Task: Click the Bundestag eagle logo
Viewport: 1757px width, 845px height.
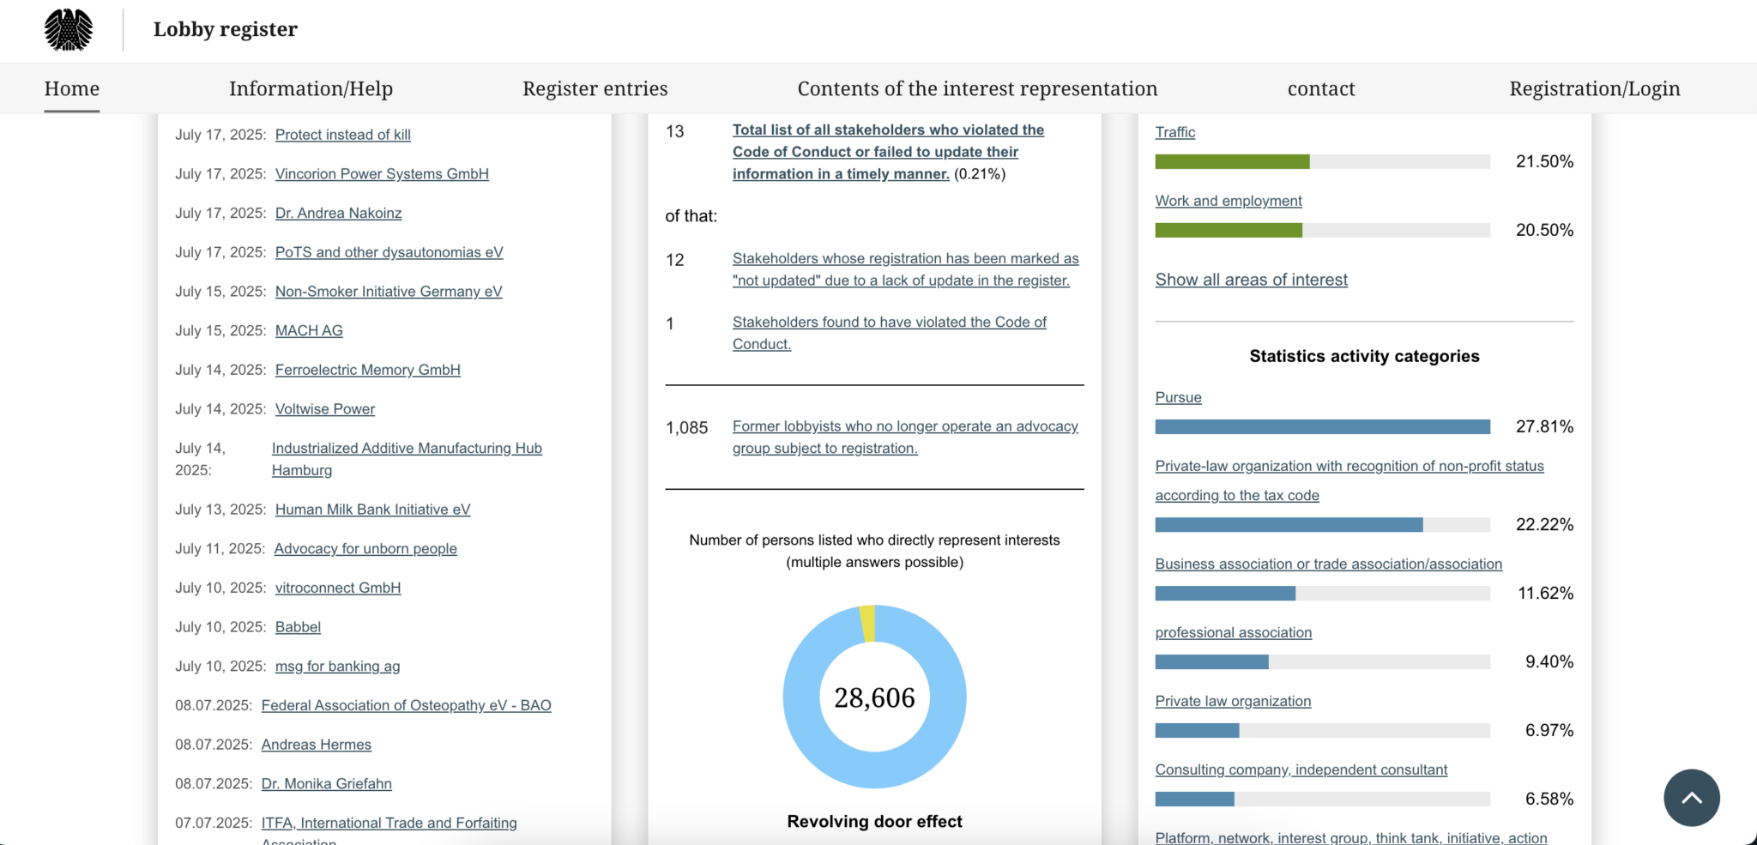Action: pyautogui.click(x=69, y=30)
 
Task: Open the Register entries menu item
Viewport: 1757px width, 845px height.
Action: pyautogui.click(x=595, y=88)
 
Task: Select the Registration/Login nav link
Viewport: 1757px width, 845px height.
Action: pyautogui.click(x=1594, y=88)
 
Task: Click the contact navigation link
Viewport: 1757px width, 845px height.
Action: pyautogui.click(x=1320, y=88)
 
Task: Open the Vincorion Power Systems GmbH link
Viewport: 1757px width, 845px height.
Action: pyautogui.click(x=382, y=174)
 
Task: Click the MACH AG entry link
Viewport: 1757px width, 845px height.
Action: pyautogui.click(x=309, y=331)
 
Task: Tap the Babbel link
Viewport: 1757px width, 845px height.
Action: pyautogui.click(x=298, y=627)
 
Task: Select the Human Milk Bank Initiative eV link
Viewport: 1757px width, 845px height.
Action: pyautogui.click(x=372, y=510)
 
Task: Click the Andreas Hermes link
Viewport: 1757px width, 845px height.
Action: pyautogui.click(x=316, y=745)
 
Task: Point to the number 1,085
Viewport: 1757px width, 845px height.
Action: pyautogui.click(x=686, y=428)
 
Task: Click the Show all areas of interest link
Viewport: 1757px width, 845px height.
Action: pyautogui.click(x=1251, y=280)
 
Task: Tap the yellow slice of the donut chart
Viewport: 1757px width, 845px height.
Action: pyautogui.click(x=867, y=623)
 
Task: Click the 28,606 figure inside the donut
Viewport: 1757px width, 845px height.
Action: pyautogui.click(x=874, y=697)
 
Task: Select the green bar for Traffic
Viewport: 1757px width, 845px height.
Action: pyautogui.click(x=1232, y=161)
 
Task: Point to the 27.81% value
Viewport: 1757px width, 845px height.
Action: pyautogui.click(x=1543, y=426)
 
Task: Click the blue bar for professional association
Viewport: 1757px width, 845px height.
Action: pyautogui.click(x=1211, y=661)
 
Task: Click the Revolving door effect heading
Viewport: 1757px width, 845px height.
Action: pyautogui.click(x=874, y=821)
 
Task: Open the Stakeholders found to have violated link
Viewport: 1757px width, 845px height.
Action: pyautogui.click(x=889, y=323)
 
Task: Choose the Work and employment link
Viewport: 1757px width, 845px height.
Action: pyautogui.click(x=1228, y=201)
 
